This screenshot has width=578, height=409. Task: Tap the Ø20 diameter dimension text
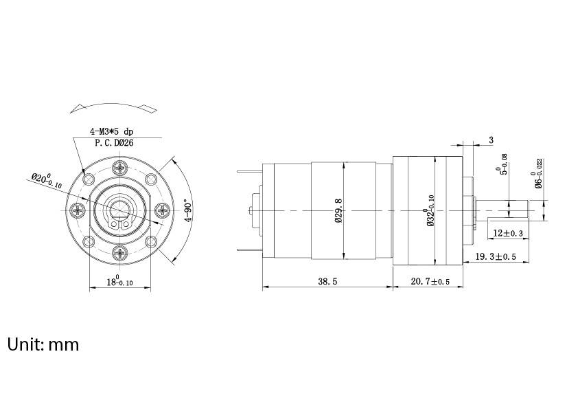click(47, 181)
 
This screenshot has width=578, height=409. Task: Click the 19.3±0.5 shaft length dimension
click(495, 256)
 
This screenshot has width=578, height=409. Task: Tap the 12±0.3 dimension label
click(509, 234)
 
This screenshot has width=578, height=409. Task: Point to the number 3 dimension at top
click(491, 140)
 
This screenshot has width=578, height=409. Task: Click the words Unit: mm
click(43, 344)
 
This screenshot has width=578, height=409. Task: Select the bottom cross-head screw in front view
click(121, 254)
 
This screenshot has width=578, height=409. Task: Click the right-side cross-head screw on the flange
click(164, 210)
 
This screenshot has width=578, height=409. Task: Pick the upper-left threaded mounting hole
click(89, 179)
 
